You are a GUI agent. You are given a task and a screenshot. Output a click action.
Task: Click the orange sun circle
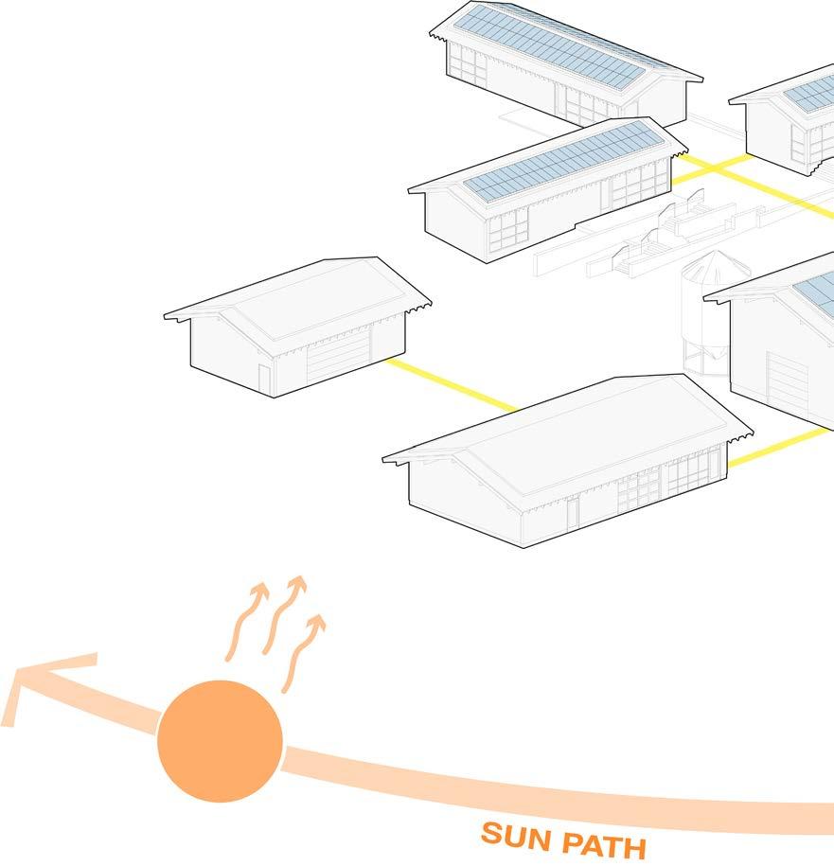point(220,739)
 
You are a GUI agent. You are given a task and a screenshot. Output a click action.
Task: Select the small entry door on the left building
point(264,379)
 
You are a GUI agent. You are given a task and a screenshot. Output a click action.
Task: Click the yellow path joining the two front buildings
point(450,386)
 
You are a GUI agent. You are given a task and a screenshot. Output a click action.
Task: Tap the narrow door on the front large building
point(573,513)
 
